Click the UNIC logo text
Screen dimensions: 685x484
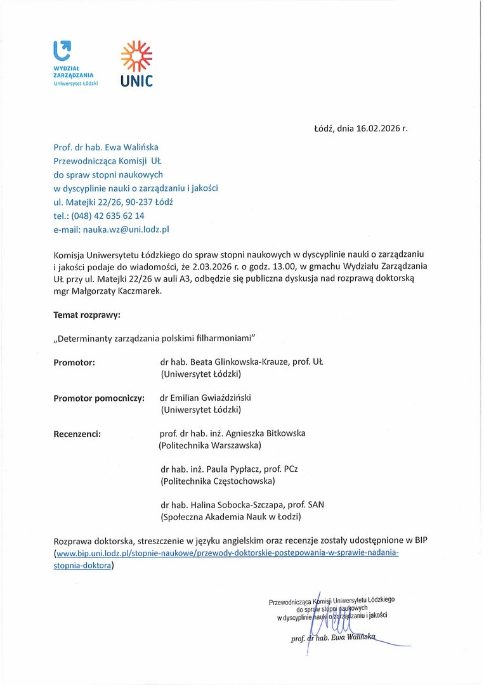[137, 81]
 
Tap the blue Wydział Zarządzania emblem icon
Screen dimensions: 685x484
[62, 50]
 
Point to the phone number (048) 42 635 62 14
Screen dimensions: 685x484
[108, 216]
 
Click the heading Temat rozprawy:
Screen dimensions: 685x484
[87, 315]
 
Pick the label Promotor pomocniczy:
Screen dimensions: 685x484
[99, 398]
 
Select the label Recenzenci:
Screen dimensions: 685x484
[77, 434]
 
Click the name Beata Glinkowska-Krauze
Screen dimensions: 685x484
[240, 362]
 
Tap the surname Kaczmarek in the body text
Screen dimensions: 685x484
[143, 290]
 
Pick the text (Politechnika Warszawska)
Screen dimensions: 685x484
[210, 446]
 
